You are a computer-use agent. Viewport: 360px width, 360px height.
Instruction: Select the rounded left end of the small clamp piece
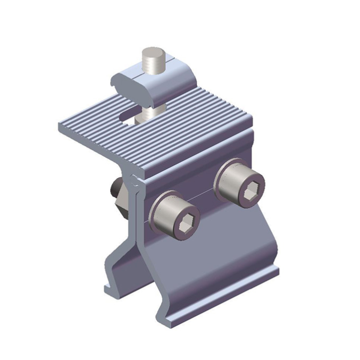pos(117,83)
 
